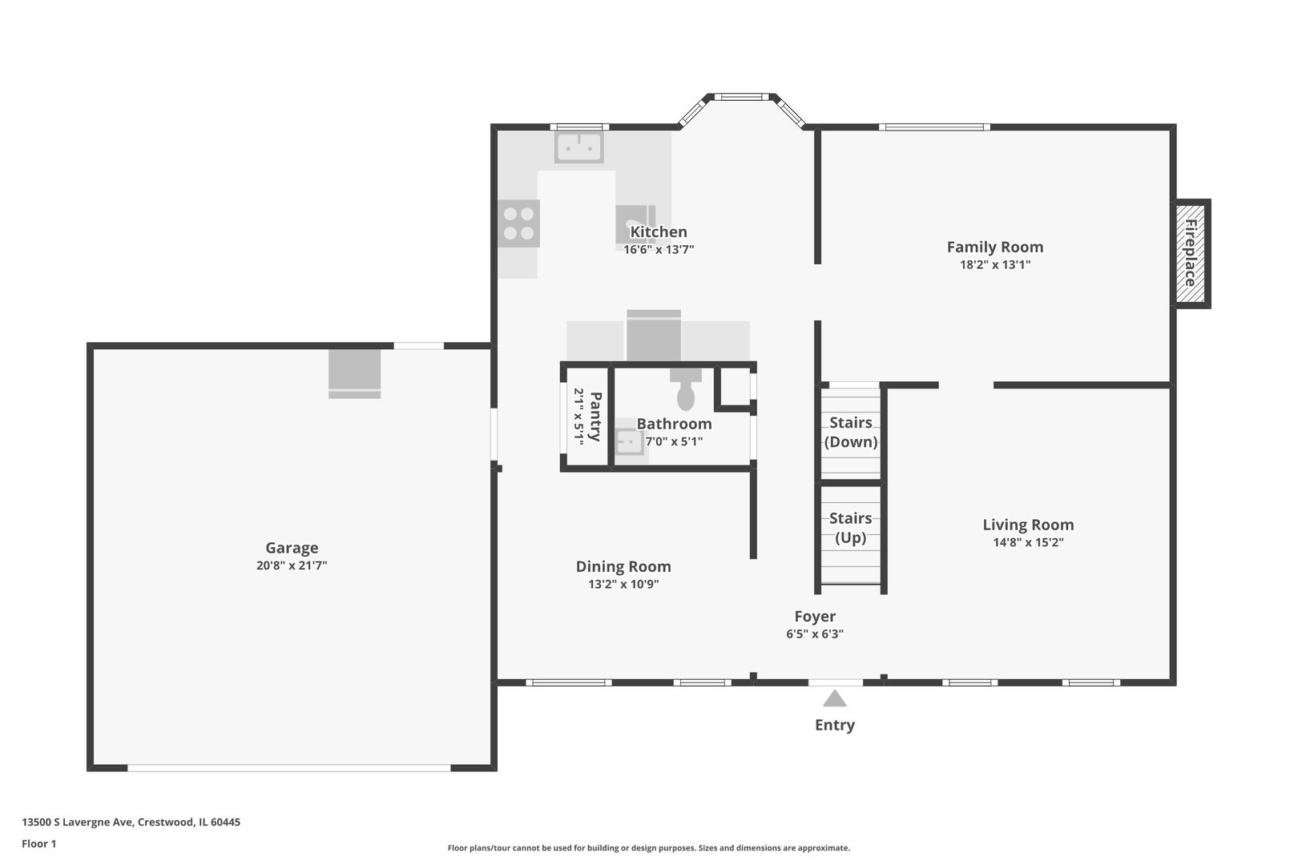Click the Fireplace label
tap(1191, 252)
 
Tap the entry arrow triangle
tap(834, 698)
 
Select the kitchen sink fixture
tap(578, 147)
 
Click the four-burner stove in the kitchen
tap(518, 223)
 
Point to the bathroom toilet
tap(686, 389)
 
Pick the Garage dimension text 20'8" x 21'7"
tap(292, 565)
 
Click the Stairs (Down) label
tap(851, 432)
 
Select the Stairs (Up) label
tap(851, 528)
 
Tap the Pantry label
tap(595, 416)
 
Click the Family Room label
tap(995, 247)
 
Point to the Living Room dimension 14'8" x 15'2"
tap(1029, 542)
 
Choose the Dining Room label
tap(623, 566)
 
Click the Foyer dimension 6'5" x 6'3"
tap(815, 634)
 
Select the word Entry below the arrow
tap(834, 726)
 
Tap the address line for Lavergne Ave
tap(131, 822)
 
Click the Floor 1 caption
tap(38, 843)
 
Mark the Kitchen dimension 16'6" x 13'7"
tap(659, 250)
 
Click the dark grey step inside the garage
tap(355, 374)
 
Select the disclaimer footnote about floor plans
tap(649, 848)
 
